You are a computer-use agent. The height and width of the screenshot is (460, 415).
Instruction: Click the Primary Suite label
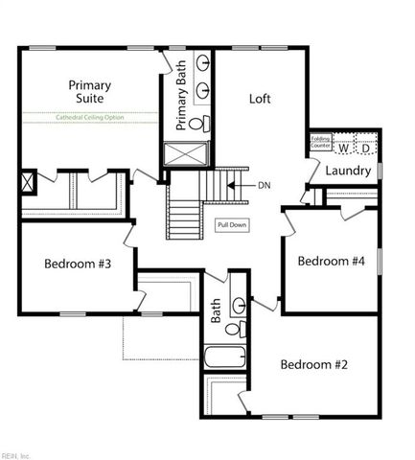tap(89, 92)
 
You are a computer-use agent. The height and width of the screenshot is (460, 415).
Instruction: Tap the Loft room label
tap(261, 98)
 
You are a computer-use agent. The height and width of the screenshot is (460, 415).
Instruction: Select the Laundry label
tap(347, 171)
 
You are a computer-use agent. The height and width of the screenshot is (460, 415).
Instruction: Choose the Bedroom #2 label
tap(311, 364)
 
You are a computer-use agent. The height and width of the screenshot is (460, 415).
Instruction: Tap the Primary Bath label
tap(182, 102)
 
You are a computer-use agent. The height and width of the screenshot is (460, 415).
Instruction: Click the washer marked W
tap(342, 148)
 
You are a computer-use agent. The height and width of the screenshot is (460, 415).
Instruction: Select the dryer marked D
tap(365, 148)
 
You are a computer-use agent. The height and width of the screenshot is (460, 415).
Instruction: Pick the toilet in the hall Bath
tap(233, 328)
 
